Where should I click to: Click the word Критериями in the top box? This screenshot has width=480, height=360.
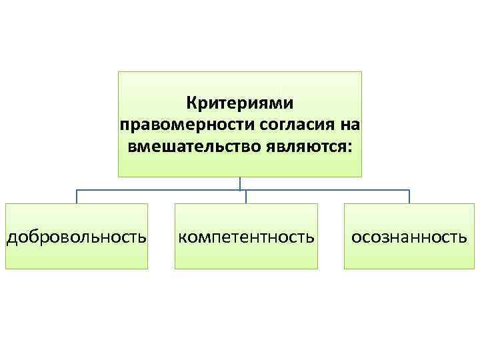tap(240, 104)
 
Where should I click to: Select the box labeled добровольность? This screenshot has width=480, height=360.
tap(77, 237)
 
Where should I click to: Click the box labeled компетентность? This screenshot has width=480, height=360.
tap(246, 237)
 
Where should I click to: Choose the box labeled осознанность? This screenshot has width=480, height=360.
tap(409, 237)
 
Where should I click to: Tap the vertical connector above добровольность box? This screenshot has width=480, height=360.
tap(77, 197)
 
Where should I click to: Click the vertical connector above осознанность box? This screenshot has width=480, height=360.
tap(409, 197)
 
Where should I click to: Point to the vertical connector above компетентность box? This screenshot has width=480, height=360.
tap(246, 197)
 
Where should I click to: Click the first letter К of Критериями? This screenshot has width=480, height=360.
tap(191, 104)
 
